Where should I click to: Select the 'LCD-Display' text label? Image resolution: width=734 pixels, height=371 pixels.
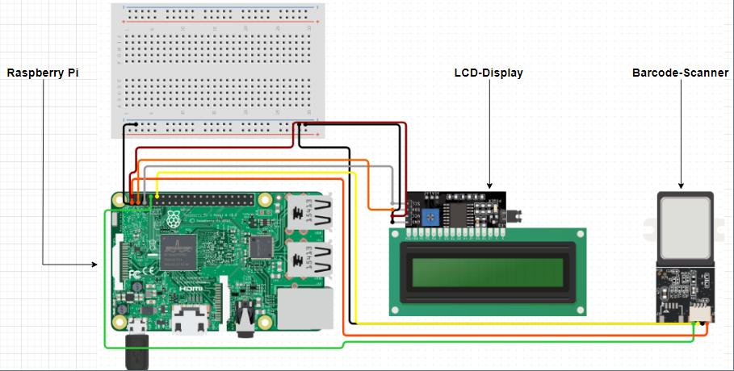(489, 73)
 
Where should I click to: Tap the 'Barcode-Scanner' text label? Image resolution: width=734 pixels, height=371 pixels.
(680, 73)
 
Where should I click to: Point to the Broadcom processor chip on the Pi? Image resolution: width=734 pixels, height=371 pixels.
(178, 252)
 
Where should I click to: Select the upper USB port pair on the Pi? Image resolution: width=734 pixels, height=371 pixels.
(312, 214)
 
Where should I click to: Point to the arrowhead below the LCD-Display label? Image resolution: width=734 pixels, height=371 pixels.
(489, 186)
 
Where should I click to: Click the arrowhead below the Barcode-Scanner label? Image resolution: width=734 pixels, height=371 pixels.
(680, 186)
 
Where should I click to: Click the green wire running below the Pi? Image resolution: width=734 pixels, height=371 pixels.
(226, 348)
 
